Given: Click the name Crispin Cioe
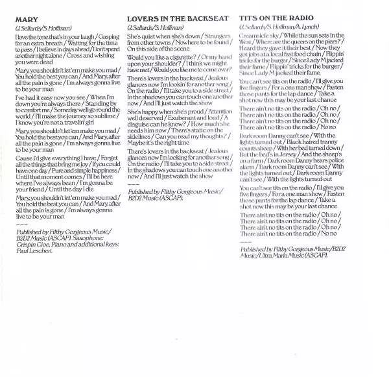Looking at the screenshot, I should tap(32, 244).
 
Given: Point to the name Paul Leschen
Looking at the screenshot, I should tap(31, 250).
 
